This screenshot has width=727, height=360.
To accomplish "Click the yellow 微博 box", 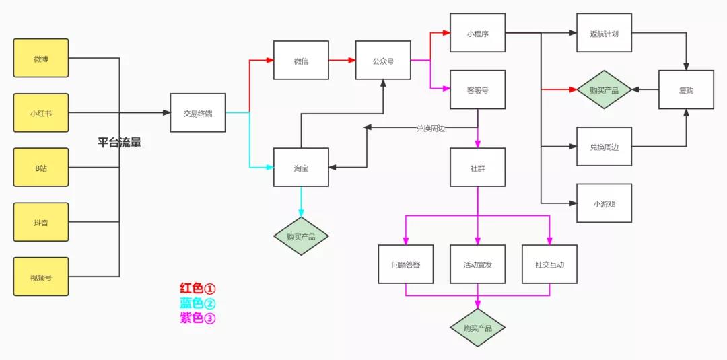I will pos(41,59).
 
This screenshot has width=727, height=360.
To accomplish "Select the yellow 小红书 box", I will pos(41,113).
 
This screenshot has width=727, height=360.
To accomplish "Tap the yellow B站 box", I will pos(41,168).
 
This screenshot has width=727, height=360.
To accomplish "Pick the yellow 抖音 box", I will pos(41,222).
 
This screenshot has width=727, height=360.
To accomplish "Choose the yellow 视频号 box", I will pos(41,277).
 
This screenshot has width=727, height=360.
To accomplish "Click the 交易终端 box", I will pos(198,113).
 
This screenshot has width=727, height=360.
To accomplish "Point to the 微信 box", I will pos(301,61).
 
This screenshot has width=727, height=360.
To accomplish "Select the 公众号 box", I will pos(383,61).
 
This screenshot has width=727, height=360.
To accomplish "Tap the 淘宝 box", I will pos(301,167).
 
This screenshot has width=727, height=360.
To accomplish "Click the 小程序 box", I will pos(477,32).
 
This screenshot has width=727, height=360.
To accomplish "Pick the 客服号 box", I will pos(477,89).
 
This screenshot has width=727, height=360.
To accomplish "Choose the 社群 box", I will pos(477,167).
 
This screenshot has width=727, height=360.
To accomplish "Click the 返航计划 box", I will pos(604,32).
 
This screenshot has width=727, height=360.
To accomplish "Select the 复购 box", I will pos(686,89).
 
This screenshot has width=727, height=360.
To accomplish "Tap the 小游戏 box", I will pos(604,203).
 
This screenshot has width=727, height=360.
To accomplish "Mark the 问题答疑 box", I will pos(405,264).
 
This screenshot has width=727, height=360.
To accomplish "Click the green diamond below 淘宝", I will pos(301,236).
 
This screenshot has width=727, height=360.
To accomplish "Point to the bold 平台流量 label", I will pos(119,143).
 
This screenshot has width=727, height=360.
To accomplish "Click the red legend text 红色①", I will pos(197,289).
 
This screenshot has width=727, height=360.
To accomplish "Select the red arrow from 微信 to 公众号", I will pos(342,61).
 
